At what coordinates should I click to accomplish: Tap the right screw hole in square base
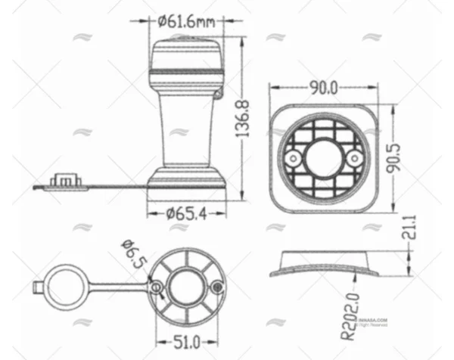(x=353, y=158)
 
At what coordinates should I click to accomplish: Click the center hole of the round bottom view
(x=185, y=287)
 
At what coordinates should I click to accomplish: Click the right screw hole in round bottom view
(x=217, y=287)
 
